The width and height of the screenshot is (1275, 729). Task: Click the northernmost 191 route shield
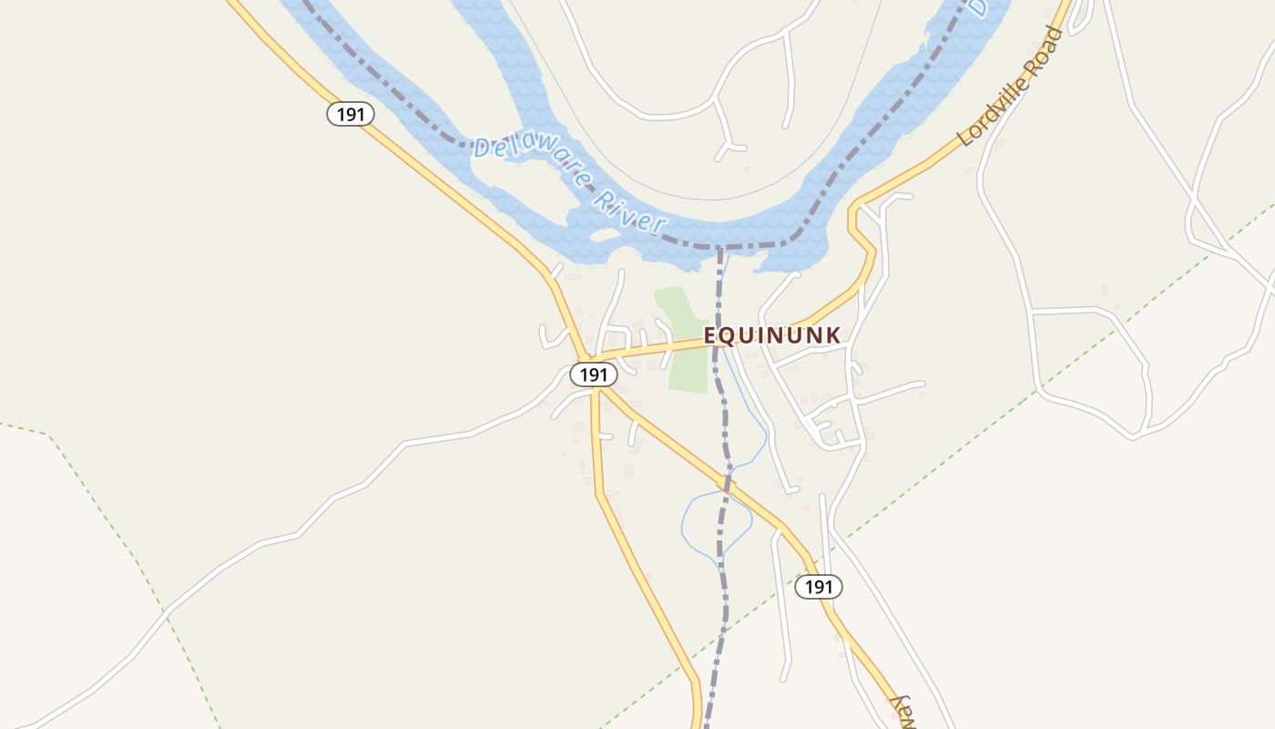click(x=351, y=114)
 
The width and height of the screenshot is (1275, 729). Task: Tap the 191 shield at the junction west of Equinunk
click(x=594, y=375)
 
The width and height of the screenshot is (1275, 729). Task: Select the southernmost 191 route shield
click(x=819, y=587)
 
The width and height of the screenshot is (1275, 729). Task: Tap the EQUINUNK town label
click(x=772, y=335)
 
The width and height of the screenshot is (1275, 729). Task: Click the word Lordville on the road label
click(x=995, y=110)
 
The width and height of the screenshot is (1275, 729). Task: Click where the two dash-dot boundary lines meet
click(x=719, y=247)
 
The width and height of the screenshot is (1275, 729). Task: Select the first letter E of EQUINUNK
click(x=711, y=335)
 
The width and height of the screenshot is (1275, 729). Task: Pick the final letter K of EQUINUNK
click(x=832, y=335)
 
